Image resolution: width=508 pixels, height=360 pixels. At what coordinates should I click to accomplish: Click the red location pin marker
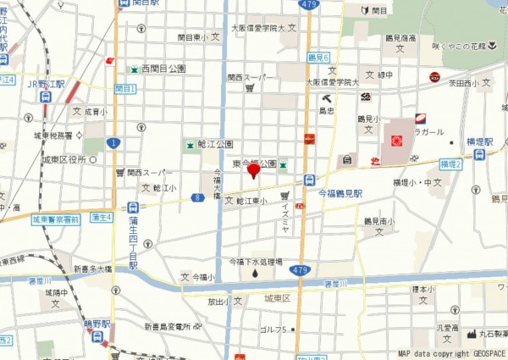pyautogui.click(x=253, y=171)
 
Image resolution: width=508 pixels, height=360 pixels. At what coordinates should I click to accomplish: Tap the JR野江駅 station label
pyautogui.click(x=46, y=85)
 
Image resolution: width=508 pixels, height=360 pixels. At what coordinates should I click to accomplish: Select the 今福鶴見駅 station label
pyautogui.click(x=340, y=193)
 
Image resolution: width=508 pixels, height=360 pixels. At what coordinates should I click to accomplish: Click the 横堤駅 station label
pyautogui.click(x=479, y=141)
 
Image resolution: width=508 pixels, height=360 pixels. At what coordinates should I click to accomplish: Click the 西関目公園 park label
pyautogui.click(x=163, y=68)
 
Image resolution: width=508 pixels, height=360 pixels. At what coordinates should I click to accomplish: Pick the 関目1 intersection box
pyautogui.click(x=124, y=88)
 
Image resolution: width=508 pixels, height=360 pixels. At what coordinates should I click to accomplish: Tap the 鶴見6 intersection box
pyautogui.click(x=317, y=57)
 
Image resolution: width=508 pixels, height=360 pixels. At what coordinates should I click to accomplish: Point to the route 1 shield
pyautogui.click(x=113, y=142)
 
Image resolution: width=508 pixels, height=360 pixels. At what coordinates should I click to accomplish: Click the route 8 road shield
pyautogui.click(x=196, y=197)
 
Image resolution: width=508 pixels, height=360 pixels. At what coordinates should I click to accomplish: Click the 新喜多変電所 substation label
pyautogui.click(x=173, y=326)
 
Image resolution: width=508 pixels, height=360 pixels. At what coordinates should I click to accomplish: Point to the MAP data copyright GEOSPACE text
pyautogui.click(x=451, y=353)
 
